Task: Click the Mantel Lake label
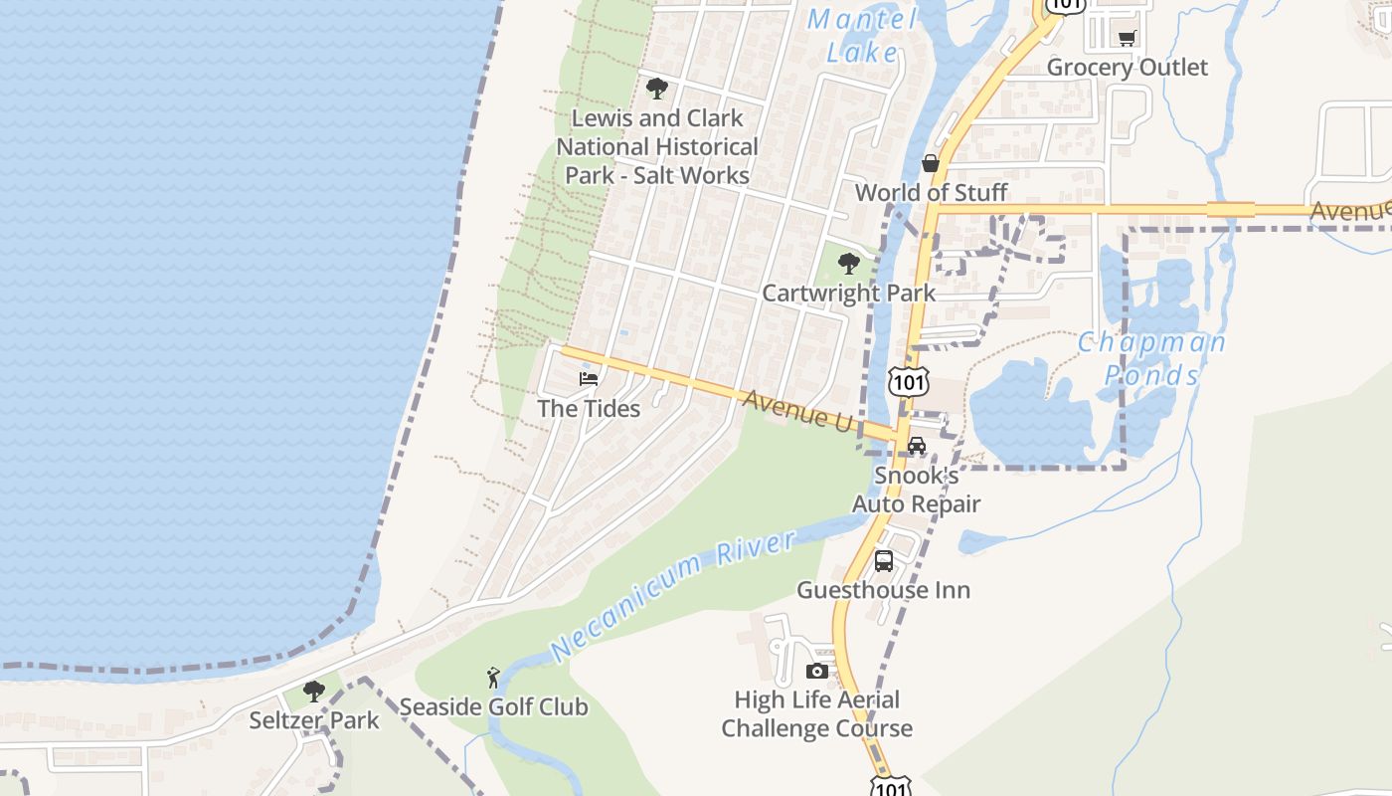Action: [x=861, y=35]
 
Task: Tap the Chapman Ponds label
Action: [x=1152, y=358]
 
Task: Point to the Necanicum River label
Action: [x=673, y=595]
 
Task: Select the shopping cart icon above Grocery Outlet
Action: [x=1127, y=39]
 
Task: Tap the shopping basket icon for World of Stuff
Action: [x=931, y=163]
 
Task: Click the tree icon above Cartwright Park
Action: [x=848, y=264]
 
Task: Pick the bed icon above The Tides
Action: [x=589, y=379]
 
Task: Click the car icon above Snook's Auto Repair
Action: [x=917, y=446]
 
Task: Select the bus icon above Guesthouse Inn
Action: [x=884, y=561]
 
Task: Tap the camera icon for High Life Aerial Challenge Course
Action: [x=817, y=671]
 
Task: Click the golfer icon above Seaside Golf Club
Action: [x=493, y=679]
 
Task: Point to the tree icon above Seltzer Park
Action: [x=314, y=692]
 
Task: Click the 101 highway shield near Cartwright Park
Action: [x=909, y=382]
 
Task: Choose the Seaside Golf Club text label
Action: [x=493, y=707]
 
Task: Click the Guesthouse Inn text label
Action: [x=883, y=590]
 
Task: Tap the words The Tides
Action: [x=589, y=408]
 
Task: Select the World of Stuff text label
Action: [x=931, y=192]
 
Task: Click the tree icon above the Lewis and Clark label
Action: [x=656, y=89]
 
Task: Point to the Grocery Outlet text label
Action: [x=1127, y=68]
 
